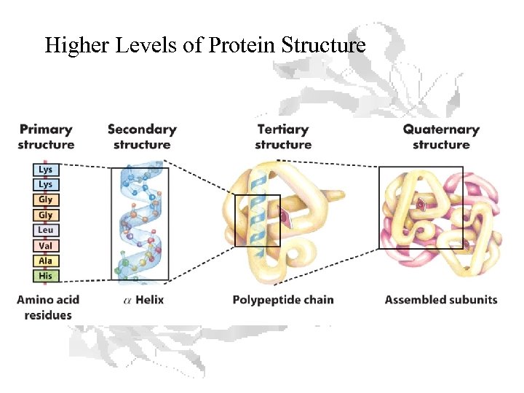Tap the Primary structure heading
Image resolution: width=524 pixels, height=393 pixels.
coord(46,137)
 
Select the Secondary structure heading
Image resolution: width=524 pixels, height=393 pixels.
coord(142,137)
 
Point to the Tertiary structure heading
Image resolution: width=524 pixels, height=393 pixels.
coord(283,137)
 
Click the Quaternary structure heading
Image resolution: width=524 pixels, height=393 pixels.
coord(441,137)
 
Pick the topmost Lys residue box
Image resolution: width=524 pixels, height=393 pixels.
coord(46,170)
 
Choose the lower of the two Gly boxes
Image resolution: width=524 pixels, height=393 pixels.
coord(46,215)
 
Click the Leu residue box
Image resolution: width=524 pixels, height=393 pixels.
coord(46,231)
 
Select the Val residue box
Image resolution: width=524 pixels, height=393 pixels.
coord(46,246)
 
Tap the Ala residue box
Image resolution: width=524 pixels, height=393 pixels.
coord(46,261)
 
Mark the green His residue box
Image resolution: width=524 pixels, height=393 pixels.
coord(46,277)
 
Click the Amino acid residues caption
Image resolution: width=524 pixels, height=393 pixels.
coord(48,307)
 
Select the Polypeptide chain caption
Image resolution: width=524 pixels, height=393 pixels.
coord(283,300)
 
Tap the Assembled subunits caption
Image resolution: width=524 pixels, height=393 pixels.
coord(441,300)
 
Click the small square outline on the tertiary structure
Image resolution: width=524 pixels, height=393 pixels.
coord(257,221)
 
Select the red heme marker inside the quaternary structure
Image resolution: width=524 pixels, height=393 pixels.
coord(420,206)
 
